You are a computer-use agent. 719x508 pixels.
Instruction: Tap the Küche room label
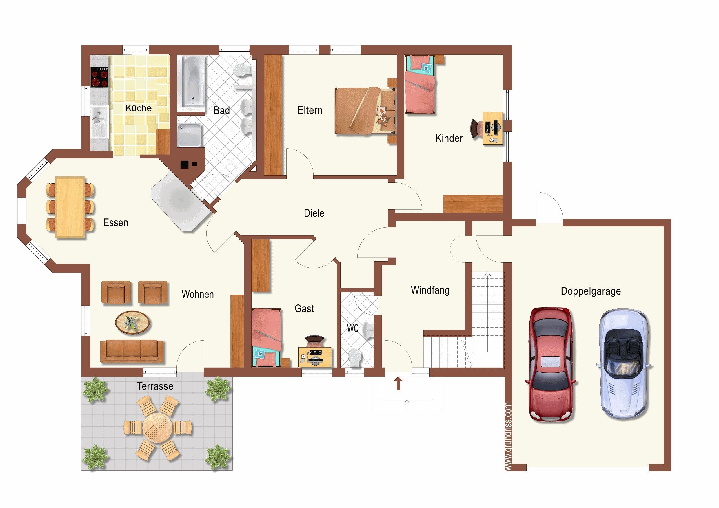(139, 108)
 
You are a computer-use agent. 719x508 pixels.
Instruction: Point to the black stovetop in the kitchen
(100, 77)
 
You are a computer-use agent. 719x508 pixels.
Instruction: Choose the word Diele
(314, 213)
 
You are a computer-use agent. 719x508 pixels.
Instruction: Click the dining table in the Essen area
(70, 208)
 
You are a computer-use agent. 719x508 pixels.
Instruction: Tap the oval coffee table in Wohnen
(132, 322)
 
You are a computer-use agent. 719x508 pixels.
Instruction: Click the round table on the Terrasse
(158, 427)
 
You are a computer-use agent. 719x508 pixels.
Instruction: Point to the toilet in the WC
(355, 358)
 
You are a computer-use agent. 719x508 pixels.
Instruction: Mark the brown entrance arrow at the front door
(398, 383)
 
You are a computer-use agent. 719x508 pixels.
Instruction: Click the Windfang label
(430, 290)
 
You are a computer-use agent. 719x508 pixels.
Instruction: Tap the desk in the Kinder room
(493, 128)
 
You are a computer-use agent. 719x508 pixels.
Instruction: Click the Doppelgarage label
(591, 291)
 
